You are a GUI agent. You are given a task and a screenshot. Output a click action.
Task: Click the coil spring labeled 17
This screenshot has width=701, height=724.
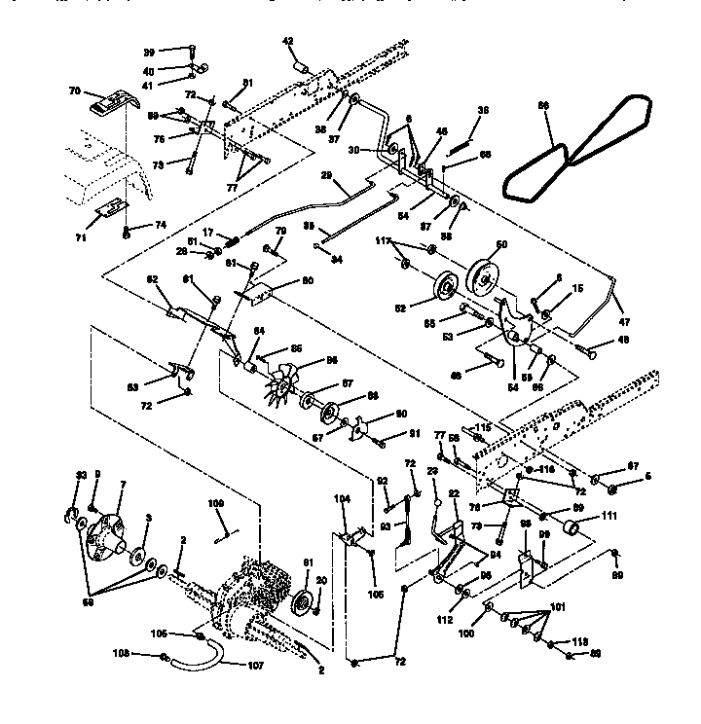click(233, 239)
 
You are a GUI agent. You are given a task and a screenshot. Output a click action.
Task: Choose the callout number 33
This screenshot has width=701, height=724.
click(82, 474)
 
